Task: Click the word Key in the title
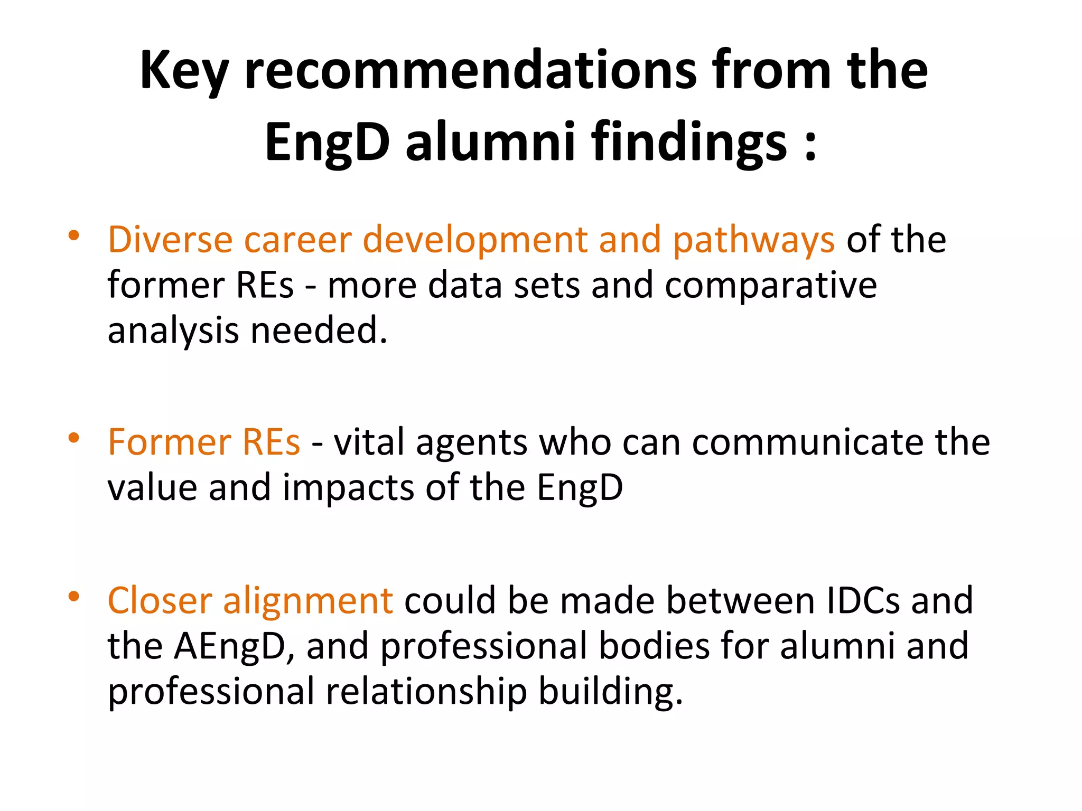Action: (x=183, y=71)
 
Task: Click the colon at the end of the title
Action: (x=810, y=144)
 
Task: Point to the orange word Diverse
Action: (x=170, y=240)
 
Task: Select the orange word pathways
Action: (x=754, y=241)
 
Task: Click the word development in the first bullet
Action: (x=474, y=241)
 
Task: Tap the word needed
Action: (x=319, y=331)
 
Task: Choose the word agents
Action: (x=472, y=443)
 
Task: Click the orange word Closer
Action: (x=160, y=601)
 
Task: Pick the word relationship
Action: (x=426, y=692)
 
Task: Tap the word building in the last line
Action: (x=610, y=692)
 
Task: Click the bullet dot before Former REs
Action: (x=73, y=438)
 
